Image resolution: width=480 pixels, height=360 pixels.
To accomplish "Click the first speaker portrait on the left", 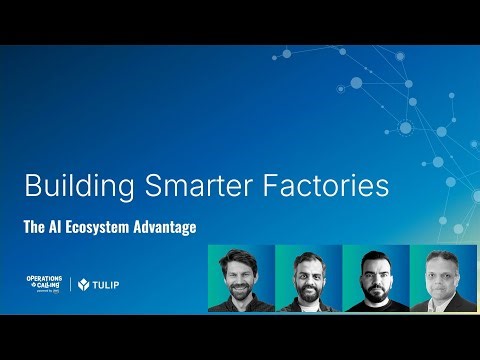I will coord(240,278).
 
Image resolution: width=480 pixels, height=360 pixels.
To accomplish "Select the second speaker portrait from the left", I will coord(307,278).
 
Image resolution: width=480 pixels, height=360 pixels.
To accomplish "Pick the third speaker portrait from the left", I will coord(375,278).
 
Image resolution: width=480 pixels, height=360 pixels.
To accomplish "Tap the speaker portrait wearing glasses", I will coord(442,278).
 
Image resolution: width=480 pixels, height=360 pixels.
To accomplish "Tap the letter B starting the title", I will coord(31,186).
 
